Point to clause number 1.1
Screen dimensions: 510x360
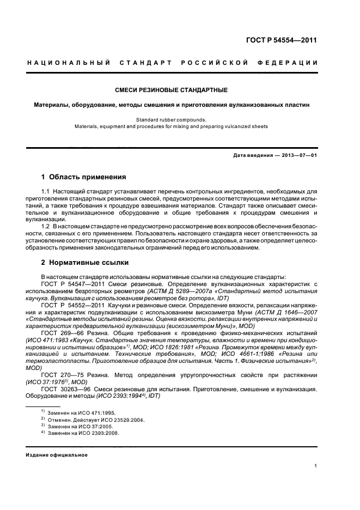point(46,192)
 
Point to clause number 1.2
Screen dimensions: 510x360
point(46,225)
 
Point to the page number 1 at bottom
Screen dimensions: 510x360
point(316,466)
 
